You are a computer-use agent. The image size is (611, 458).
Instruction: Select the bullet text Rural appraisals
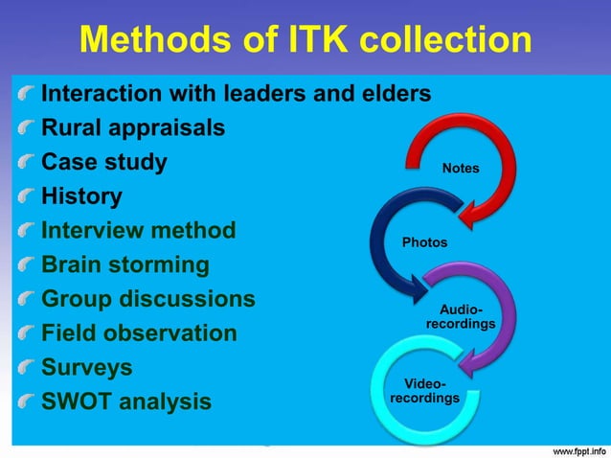click(133, 127)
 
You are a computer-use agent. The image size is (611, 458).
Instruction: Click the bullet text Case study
click(103, 162)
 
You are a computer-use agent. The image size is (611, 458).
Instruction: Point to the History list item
click(81, 196)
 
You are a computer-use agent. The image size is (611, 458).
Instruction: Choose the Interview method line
click(138, 231)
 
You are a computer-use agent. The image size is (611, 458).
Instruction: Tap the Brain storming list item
click(124, 264)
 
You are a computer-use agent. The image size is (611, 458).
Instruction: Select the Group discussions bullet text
click(147, 299)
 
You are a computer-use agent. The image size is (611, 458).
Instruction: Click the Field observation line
click(138, 333)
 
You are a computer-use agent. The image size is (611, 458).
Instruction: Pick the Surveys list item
click(87, 368)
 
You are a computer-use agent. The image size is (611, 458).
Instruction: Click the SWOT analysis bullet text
click(125, 401)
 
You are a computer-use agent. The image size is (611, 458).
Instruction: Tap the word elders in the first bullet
click(393, 94)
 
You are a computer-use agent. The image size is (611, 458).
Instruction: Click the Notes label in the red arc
click(461, 169)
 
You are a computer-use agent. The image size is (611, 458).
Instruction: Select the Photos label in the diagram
click(424, 242)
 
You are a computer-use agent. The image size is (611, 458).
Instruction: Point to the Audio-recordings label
click(461, 317)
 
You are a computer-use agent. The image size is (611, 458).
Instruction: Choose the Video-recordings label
click(424, 391)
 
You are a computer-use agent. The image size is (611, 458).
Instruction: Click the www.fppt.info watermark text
click(573, 448)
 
